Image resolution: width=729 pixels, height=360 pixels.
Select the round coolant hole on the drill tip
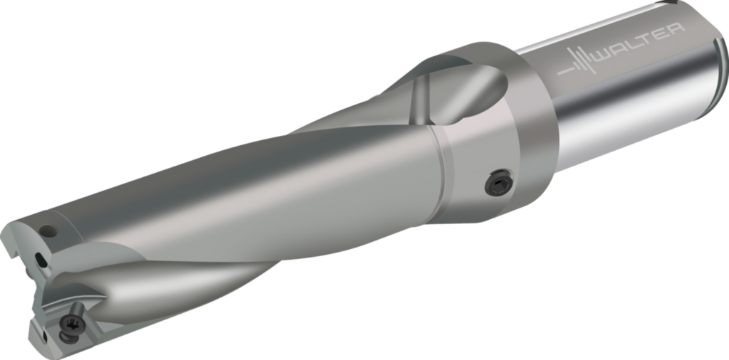point(48,231)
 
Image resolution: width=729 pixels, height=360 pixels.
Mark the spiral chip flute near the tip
point(178,277)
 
